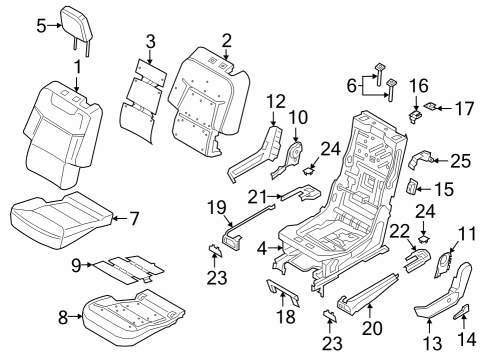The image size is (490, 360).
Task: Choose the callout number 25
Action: coord(460,160)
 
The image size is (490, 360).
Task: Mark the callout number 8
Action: coord(63,318)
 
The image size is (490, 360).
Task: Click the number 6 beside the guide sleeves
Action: coord(350,88)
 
